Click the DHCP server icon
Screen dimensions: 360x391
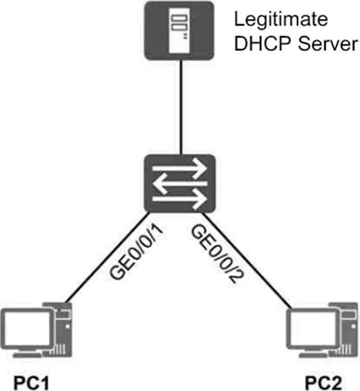(179, 31)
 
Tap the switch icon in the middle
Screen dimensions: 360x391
(180, 183)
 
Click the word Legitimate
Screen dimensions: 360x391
(281, 20)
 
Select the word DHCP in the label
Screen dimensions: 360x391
(263, 44)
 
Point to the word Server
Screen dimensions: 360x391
(328, 44)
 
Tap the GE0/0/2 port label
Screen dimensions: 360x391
(217, 254)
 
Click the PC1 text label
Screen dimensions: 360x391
(31, 382)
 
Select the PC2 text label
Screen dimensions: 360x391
(323, 382)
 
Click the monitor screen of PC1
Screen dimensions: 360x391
(27, 328)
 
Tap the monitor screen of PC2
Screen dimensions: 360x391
(313, 328)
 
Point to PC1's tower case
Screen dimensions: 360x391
(61, 329)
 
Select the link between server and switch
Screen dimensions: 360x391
(182, 107)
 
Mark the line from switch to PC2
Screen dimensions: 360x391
(247, 260)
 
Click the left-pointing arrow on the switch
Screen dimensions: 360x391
(180, 184)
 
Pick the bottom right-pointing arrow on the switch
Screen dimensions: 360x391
(180, 199)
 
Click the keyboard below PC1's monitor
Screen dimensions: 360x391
(26, 355)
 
